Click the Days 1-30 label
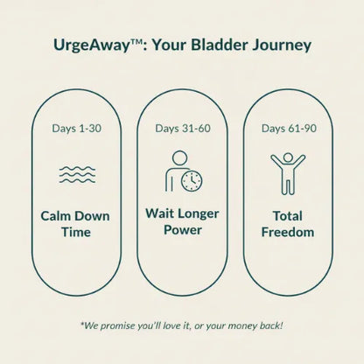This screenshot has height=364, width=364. [76, 129]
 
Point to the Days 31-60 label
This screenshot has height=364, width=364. [181, 129]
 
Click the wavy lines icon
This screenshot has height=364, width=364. [76, 173]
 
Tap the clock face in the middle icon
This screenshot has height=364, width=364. [192, 180]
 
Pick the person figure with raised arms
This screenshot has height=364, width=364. [287, 172]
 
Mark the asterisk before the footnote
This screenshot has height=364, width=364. [81, 326]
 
